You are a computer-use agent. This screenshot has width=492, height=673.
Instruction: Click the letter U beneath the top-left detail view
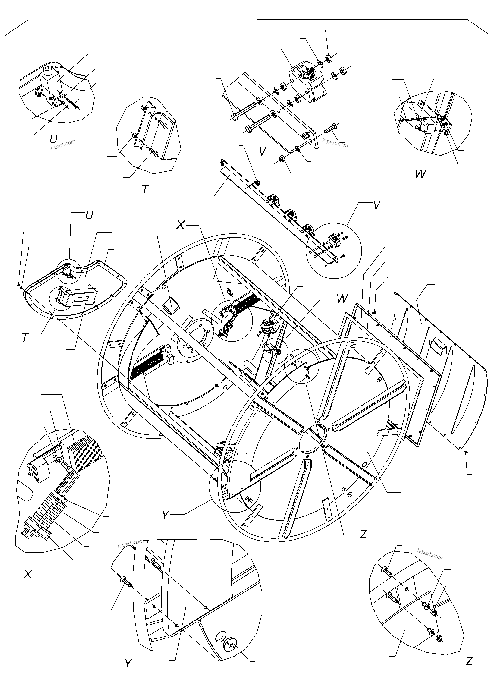click(x=54, y=139)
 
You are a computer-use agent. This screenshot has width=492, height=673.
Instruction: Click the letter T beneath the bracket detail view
click(x=145, y=189)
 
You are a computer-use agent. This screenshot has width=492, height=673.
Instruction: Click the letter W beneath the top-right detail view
click(x=420, y=174)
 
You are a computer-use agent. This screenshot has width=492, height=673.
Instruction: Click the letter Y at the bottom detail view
click(x=128, y=663)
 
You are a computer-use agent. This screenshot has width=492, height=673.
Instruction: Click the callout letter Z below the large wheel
click(x=363, y=535)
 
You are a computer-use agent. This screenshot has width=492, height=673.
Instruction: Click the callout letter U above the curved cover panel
click(x=89, y=215)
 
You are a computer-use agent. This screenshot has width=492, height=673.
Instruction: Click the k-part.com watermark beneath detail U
click(x=63, y=145)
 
